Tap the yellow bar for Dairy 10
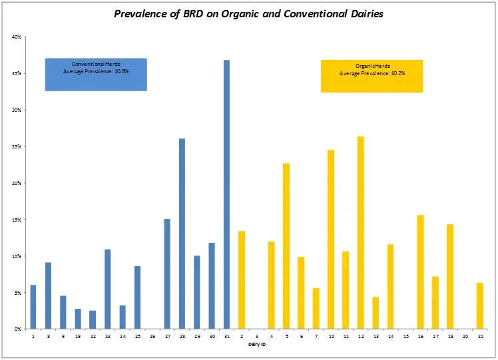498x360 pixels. point(330,240)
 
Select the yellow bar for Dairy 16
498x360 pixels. point(420,272)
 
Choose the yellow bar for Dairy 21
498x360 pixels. point(479,306)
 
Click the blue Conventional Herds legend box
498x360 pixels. point(96,74)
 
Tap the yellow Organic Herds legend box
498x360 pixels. point(372,76)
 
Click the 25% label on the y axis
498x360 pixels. point(17,146)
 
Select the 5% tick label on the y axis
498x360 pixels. point(18,293)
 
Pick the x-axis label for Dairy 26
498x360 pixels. point(152,337)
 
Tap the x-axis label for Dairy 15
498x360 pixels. point(405,337)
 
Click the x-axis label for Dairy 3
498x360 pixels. point(256,337)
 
